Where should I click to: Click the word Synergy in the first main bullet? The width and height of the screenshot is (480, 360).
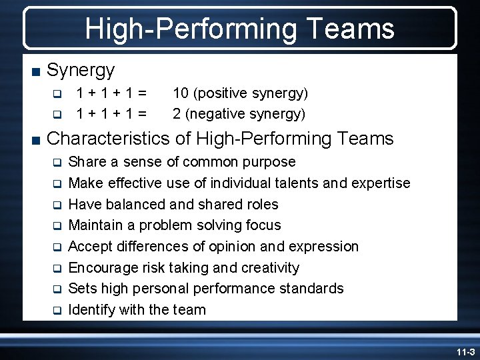point(81,69)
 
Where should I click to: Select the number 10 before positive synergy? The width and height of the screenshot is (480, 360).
point(181,93)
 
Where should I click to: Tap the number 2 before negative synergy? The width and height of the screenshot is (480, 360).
point(177,114)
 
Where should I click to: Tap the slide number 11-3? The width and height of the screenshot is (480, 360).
point(465,351)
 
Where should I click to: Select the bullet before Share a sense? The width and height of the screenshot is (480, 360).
point(57,163)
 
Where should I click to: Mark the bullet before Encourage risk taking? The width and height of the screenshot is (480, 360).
point(57,269)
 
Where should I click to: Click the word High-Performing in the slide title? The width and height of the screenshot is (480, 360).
point(189,29)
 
